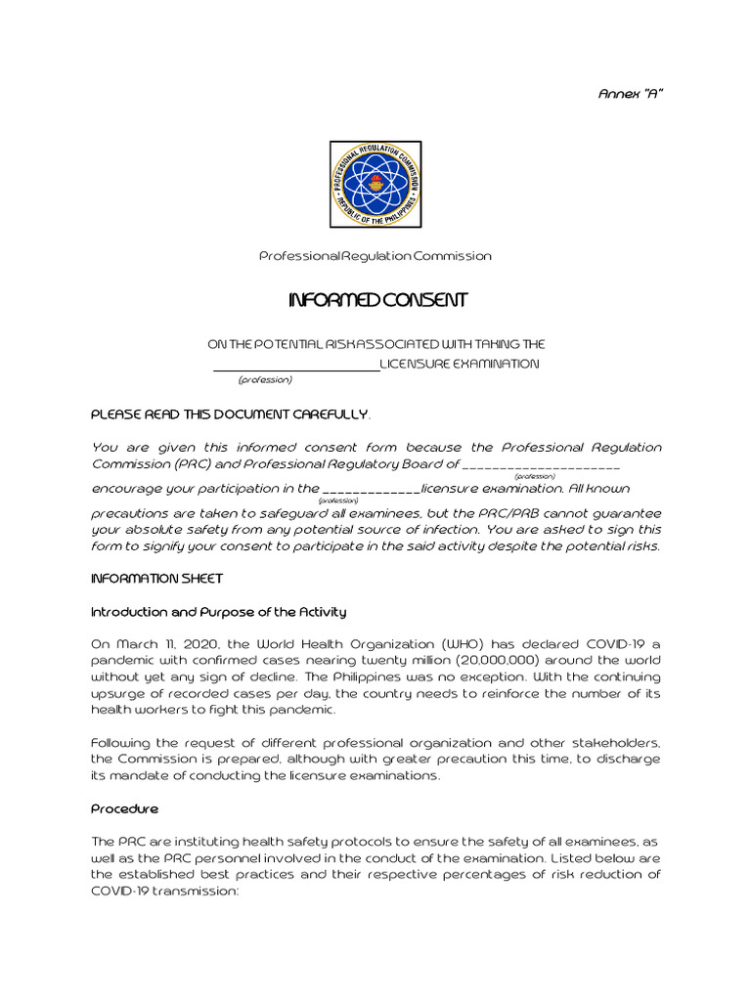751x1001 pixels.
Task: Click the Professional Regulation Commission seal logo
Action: [375, 184]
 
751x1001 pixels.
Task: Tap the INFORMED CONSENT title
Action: [377, 300]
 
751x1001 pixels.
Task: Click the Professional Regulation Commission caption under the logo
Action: [375, 256]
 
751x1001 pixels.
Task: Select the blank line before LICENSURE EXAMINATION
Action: [296, 365]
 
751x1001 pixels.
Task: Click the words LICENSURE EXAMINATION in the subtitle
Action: [459, 364]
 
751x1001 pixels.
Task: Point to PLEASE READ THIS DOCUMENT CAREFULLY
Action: [230, 414]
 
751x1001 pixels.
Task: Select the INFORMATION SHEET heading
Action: [156, 579]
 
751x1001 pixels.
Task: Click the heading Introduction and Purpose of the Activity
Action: [218, 612]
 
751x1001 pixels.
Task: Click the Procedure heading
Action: [124, 808]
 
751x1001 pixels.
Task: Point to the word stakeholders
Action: [613, 742]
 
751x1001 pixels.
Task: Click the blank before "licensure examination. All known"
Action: [371, 489]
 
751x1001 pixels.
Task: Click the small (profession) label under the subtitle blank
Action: [265, 379]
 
